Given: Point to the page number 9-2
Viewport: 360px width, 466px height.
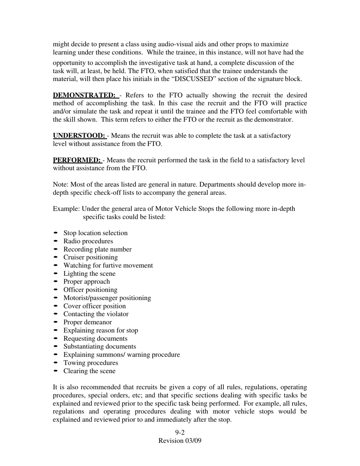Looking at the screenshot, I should [180, 432].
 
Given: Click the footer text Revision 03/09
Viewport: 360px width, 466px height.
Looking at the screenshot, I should [180, 441].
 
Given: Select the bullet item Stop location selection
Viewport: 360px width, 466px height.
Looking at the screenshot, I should [95, 233].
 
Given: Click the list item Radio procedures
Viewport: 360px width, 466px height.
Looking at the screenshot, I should [88, 241].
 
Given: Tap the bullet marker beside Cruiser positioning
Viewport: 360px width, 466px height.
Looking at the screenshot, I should [56, 257].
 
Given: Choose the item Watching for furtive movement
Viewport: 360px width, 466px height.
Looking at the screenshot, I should [108, 265].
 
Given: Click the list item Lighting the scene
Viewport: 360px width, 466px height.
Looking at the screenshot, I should [89, 274].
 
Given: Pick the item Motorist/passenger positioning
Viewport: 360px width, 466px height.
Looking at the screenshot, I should [107, 298].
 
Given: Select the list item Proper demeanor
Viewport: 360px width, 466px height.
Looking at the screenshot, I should [88, 322].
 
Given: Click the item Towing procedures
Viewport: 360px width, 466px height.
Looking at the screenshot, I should [91, 363].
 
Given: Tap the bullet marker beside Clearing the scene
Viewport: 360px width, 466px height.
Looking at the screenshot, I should [56, 371].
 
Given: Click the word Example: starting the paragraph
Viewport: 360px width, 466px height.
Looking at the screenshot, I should [66, 209].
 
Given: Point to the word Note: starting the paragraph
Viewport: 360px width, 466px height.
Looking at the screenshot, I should [61, 185].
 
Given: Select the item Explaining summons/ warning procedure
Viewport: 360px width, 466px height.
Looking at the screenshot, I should [121, 355].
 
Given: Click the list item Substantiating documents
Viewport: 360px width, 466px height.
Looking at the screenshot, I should [100, 346].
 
